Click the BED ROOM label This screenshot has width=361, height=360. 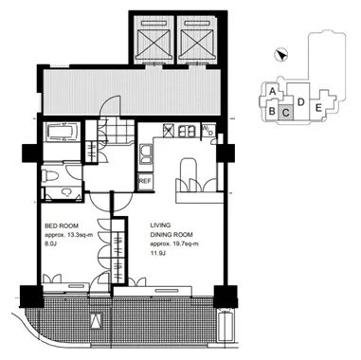pos(62,226)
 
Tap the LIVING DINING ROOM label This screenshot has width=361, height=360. pos(171,230)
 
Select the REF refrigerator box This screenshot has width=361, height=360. pos(145,181)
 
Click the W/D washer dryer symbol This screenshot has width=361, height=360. pos(208,131)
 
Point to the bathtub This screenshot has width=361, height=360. pos(62,132)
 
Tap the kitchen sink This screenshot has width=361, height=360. pos(146,154)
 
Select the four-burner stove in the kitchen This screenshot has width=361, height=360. pos(187,131)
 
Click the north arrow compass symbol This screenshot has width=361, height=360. pos(280,55)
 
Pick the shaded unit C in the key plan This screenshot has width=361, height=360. pos(286,113)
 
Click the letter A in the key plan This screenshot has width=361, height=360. pos(273,92)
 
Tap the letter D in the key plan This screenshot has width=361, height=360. pos(301,102)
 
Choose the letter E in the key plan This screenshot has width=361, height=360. pos(318,108)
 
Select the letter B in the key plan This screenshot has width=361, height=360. pos(271,111)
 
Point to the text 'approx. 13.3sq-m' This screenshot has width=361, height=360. pos(68,235)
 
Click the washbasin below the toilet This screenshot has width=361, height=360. pos(66,192)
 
